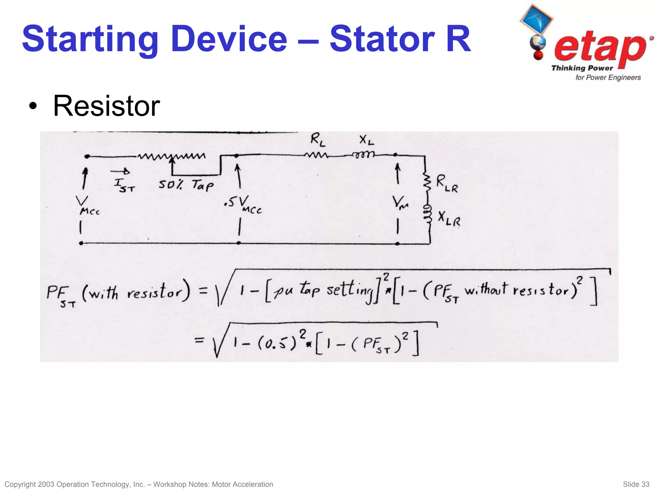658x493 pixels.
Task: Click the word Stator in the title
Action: [x=382, y=39]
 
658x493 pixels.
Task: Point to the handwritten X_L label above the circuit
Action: [x=366, y=140]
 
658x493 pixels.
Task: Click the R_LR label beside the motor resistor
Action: [x=447, y=184]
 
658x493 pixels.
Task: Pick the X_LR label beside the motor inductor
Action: [x=449, y=219]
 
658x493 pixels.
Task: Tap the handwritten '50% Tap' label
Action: [x=186, y=185]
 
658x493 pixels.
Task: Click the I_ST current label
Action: [x=124, y=185]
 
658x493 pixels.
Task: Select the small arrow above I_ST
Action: [x=120, y=171]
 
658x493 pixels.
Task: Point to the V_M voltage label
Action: [x=400, y=203]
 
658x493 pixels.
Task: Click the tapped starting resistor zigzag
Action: [x=172, y=157]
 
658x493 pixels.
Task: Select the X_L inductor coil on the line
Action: [x=363, y=155]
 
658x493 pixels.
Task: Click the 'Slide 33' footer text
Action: [x=636, y=484]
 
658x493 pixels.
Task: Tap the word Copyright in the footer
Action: [x=20, y=484]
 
